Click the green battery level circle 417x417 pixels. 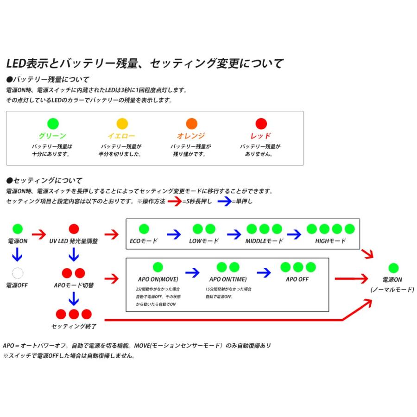coord(53,124)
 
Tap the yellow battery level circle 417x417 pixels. coord(122,124)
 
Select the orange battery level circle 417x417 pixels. coord(191,124)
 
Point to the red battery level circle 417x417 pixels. coord(261,124)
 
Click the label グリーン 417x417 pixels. coord(52,136)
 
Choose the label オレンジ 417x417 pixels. coord(191,136)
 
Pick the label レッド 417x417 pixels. coord(260,136)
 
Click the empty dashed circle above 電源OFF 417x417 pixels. coord(18,272)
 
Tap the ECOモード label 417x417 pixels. coord(144,241)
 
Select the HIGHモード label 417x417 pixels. coord(330,241)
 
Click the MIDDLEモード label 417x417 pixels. coord(264,241)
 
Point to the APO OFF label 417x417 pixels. coord(297,279)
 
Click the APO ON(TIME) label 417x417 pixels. coord(228,279)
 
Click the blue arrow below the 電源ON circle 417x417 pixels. coord(18,254)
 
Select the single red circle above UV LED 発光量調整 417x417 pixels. coord(74,228)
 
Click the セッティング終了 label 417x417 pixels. coord(74,326)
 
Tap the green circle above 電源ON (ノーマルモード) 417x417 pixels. coord(393,268)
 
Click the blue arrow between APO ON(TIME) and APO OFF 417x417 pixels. coord(263,272)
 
